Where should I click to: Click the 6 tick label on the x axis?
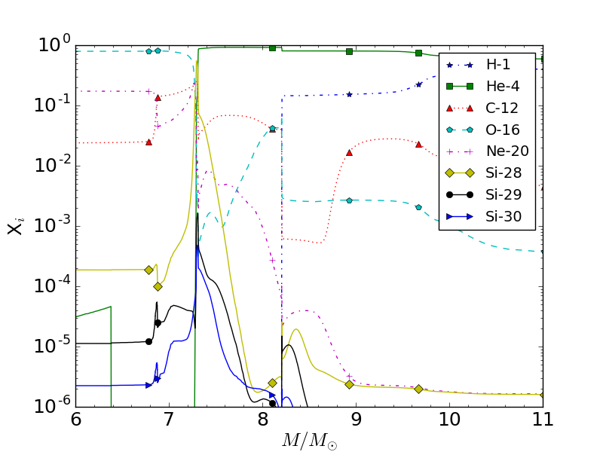(x=75, y=420)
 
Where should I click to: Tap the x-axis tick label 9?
(x=356, y=420)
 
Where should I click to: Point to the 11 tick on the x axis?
(x=542, y=420)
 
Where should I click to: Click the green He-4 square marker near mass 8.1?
(x=272, y=47)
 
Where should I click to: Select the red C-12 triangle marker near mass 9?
(x=349, y=152)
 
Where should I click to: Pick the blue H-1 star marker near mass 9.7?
(x=418, y=84)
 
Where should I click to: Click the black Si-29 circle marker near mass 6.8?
(x=148, y=341)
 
